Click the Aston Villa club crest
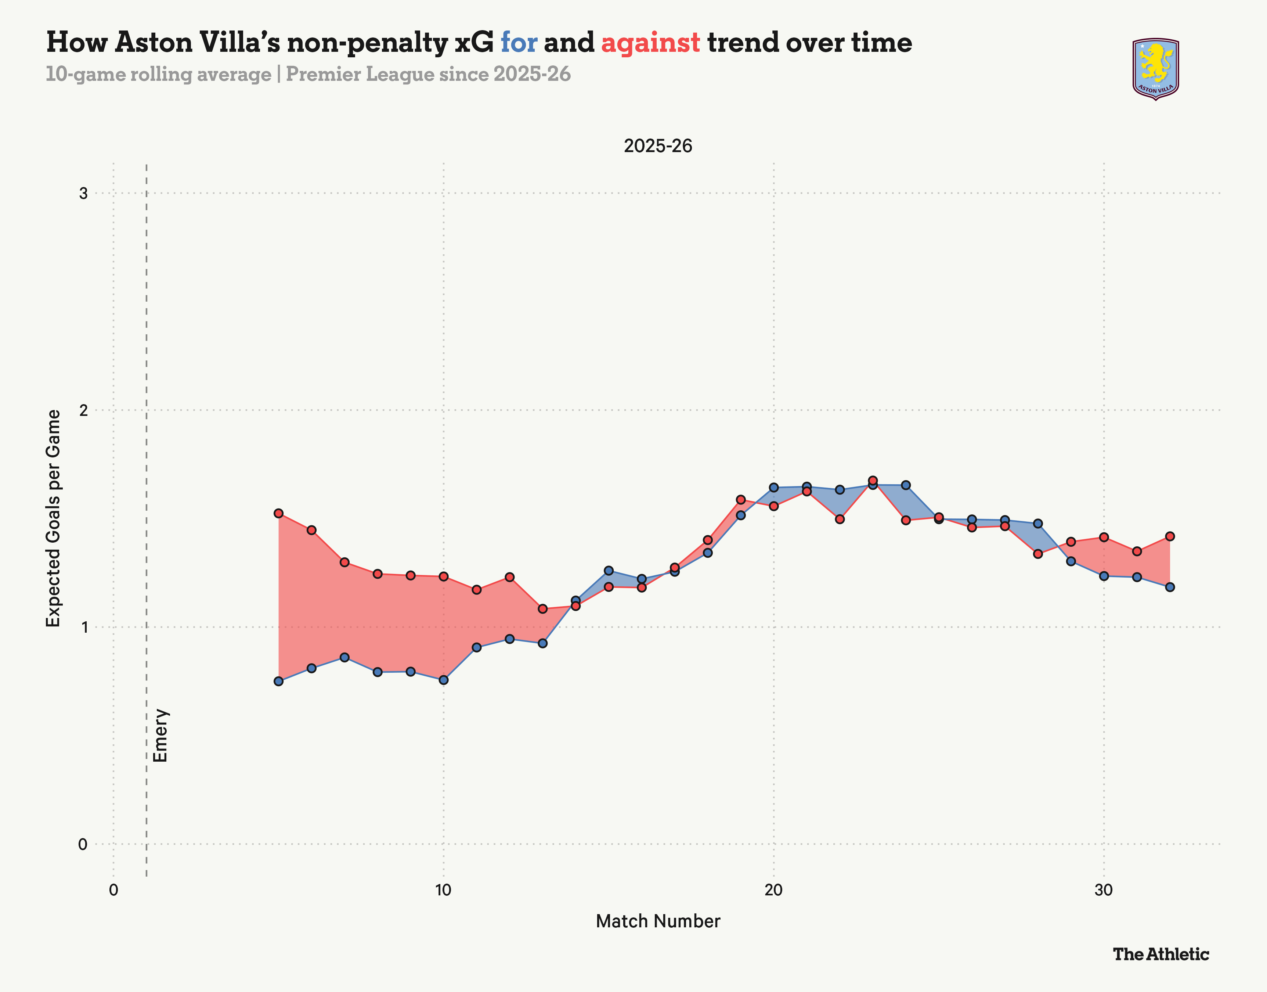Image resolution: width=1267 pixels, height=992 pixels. click(1156, 69)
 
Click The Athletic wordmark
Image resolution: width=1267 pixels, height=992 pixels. click(1161, 954)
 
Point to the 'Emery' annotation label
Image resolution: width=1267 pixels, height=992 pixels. click(160, 735)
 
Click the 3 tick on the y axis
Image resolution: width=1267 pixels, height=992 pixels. click(83, 193)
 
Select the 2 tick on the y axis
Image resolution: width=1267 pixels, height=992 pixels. click(83, 410)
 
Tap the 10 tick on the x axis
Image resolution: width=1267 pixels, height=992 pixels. click(443, 890)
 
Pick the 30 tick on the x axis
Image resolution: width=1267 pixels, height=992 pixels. click(1103, 890)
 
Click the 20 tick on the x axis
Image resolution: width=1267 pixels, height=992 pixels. click(773, 890)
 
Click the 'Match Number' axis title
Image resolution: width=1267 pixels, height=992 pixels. click(658, 921)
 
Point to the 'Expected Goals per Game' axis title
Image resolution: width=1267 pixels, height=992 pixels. click(53, 518)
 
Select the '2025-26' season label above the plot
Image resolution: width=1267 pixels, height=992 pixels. click(658, 146)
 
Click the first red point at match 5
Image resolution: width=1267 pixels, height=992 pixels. click(279, 513)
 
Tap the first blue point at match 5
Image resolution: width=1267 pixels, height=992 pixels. click(279, 681)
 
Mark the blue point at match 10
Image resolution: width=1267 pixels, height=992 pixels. click(443, 680)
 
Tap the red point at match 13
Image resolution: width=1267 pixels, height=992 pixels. click(543, 609)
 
